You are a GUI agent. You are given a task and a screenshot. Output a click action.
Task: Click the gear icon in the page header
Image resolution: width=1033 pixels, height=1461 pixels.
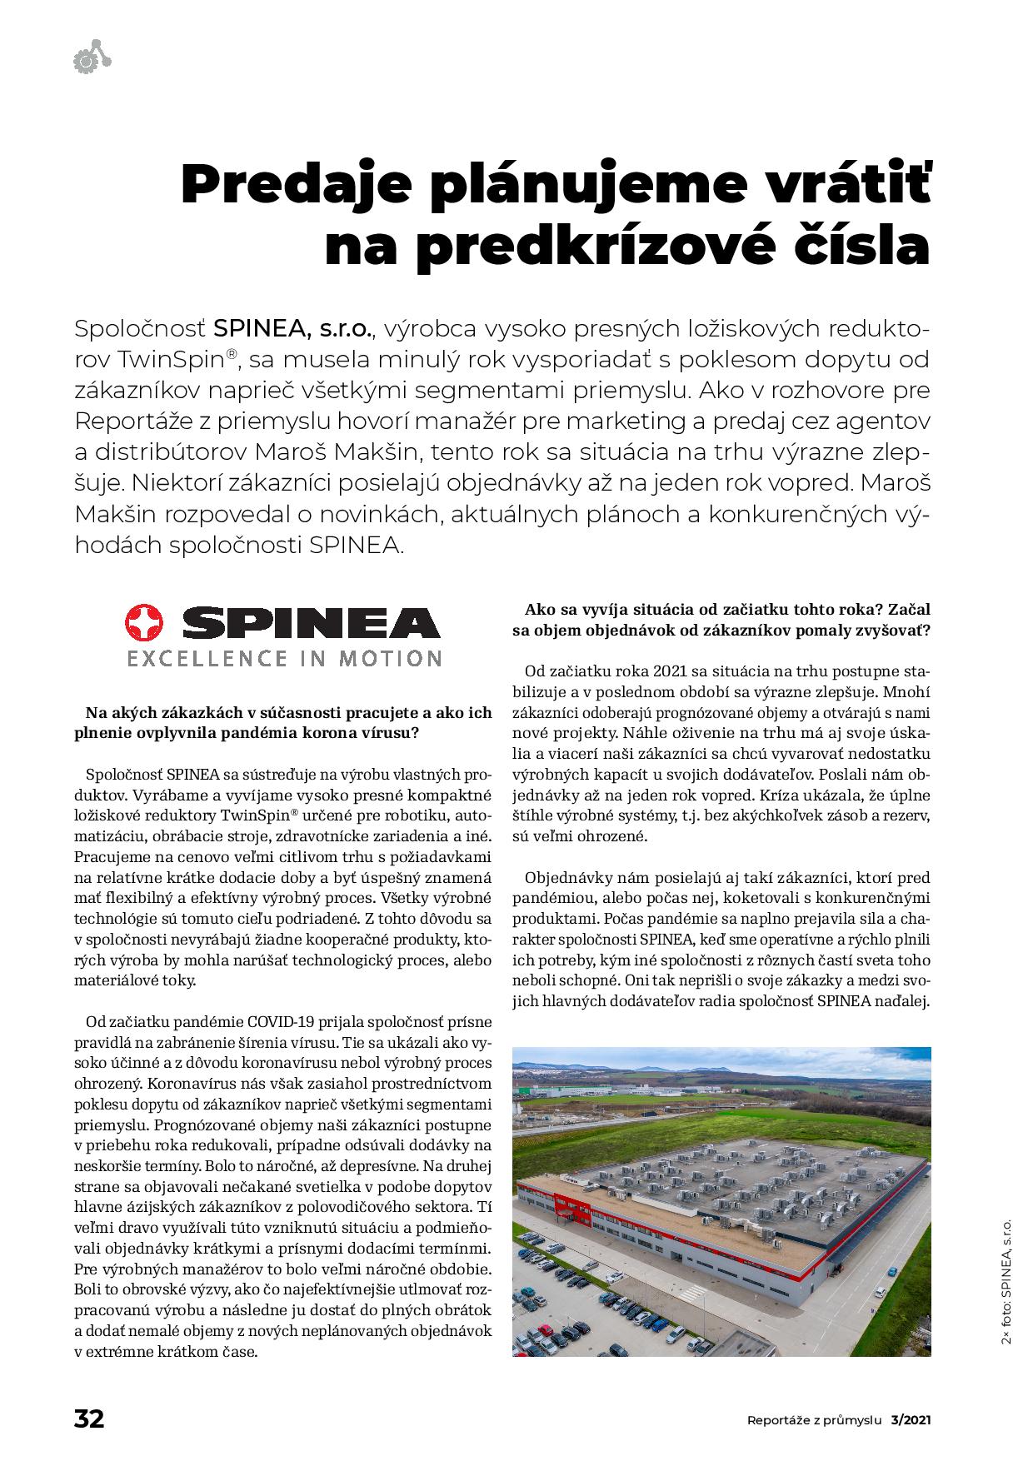[x=85, y=60]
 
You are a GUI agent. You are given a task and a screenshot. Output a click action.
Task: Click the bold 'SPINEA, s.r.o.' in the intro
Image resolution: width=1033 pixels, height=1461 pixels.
[x=293, y=328]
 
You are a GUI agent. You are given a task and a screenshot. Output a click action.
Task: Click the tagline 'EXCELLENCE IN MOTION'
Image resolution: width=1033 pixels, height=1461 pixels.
[x=283, y=659]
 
